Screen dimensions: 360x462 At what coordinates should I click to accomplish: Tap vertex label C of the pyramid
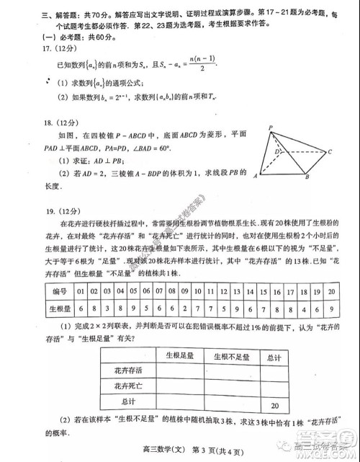328,152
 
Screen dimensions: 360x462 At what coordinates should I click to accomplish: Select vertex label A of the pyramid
256,175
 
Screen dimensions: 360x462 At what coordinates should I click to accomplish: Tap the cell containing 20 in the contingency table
274,405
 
